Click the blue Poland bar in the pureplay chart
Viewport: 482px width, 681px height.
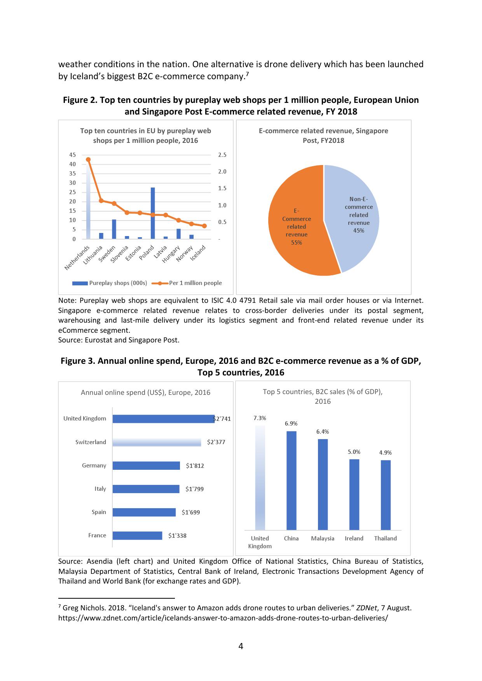(153, 213)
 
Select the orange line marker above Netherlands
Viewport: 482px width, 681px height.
(88, 160)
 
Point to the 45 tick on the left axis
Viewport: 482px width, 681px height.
(73, 155)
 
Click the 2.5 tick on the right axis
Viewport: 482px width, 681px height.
(222, 155)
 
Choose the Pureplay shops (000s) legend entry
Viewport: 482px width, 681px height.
(110, 283)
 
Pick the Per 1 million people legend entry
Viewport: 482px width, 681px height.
(187, 283)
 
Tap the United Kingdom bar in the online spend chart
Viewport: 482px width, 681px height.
(163, 419)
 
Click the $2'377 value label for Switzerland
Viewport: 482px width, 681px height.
(216, 442)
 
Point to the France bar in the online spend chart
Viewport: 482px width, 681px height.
(137, 536)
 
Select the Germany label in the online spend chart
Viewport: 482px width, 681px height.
(94, 466)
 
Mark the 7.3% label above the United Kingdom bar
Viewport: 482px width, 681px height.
(260, 418)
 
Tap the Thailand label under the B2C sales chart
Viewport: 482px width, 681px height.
(386, 539)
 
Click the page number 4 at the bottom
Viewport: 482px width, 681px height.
(241, 646)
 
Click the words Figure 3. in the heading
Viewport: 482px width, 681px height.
(77, 361)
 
